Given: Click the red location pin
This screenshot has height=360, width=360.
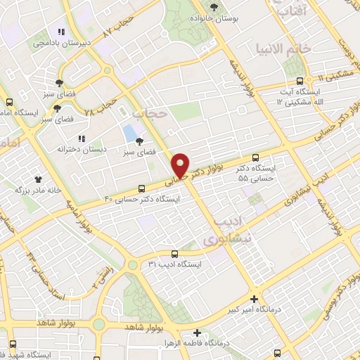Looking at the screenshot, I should click(181, 165).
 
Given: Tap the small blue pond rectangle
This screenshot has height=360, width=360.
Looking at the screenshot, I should click(129, 132).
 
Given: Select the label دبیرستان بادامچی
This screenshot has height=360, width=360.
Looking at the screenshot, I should click(61, 43).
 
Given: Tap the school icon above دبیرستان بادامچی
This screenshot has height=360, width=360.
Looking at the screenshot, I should click(61, 32).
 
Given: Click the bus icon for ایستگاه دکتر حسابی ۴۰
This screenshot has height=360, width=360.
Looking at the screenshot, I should click(142, 188).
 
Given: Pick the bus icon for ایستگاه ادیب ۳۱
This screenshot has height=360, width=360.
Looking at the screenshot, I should click(174, 254).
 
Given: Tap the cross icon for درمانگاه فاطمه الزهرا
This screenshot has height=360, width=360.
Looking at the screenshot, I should click(197, 333).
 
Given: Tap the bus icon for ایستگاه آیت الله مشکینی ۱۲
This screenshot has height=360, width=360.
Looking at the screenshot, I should click(300, 80).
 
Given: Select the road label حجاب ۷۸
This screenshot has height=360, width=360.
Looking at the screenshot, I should click(100, 107).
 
